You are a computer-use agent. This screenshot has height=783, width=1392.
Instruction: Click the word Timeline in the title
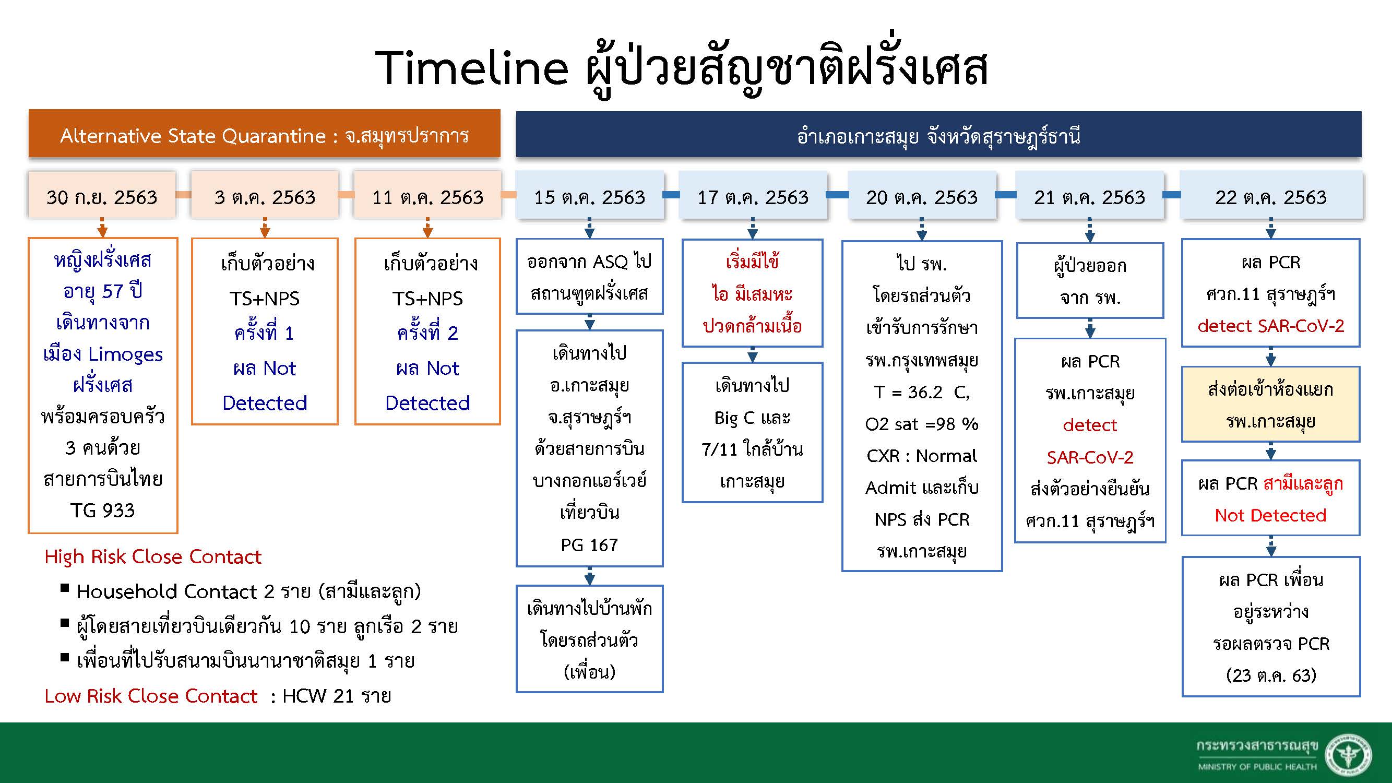(x=472, y=68)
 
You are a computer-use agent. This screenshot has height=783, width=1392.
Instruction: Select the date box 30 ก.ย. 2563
(x=102, y=195)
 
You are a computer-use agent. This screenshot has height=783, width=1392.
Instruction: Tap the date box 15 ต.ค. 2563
(x=590, y=195)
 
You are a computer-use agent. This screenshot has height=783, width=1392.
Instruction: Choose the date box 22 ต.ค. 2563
(x=1270, y=195)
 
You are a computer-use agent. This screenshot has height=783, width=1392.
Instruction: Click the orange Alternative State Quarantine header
(x=264, y=134)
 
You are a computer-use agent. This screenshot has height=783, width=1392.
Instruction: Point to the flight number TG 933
(x=103, y=510)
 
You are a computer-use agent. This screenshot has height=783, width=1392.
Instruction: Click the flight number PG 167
(x=590, y=544)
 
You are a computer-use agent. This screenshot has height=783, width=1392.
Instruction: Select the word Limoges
(x=125, y=355)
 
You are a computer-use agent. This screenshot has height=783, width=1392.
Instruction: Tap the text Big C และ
(x=752, y=418)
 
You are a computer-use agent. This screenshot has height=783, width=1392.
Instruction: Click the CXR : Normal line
(x=922, y=456)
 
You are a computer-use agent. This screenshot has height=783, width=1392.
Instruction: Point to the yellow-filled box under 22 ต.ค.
(x=1270, y=404)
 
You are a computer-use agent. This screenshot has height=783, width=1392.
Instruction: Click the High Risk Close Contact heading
(x=153, y=556)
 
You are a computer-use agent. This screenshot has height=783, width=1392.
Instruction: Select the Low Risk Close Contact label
(x=151, y=696)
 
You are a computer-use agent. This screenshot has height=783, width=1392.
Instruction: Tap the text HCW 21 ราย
(x=337, y=696)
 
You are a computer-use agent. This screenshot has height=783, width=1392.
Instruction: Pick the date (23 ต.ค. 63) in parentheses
(x=1271, y=675)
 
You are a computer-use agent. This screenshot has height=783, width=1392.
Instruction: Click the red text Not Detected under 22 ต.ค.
(x=1270, y=516)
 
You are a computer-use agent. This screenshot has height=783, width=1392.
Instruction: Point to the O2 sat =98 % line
(x=922, y=424)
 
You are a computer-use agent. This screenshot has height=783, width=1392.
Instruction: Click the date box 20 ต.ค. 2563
(x=922, y=195)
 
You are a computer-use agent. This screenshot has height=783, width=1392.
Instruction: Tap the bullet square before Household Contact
(x=65, y=588)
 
